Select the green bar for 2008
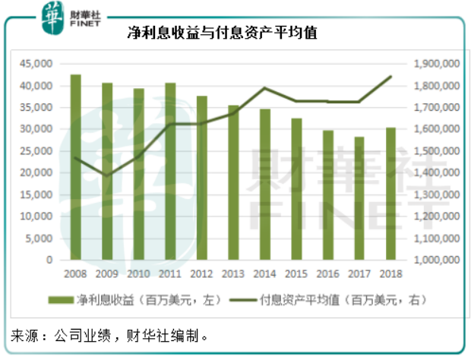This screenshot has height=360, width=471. [x=75, y=167]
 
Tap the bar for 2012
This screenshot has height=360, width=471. [x=201, y=178]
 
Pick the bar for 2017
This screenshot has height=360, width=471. [x=359, y=198]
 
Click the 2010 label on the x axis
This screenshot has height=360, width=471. [x=138, y=273]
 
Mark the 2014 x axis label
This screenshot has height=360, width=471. [x=264, y=273]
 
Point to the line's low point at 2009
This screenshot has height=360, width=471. [x=106, y=175]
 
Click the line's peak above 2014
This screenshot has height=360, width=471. [x=264, y=88]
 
